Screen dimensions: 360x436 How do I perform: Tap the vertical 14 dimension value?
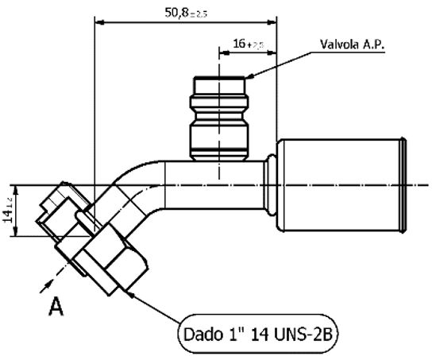pos(9,212)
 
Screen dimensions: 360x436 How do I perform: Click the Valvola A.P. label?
pos(352,45)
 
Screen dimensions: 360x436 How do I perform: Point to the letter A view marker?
pos(56,306)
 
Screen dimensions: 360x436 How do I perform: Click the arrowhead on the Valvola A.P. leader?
pos(249,75)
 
